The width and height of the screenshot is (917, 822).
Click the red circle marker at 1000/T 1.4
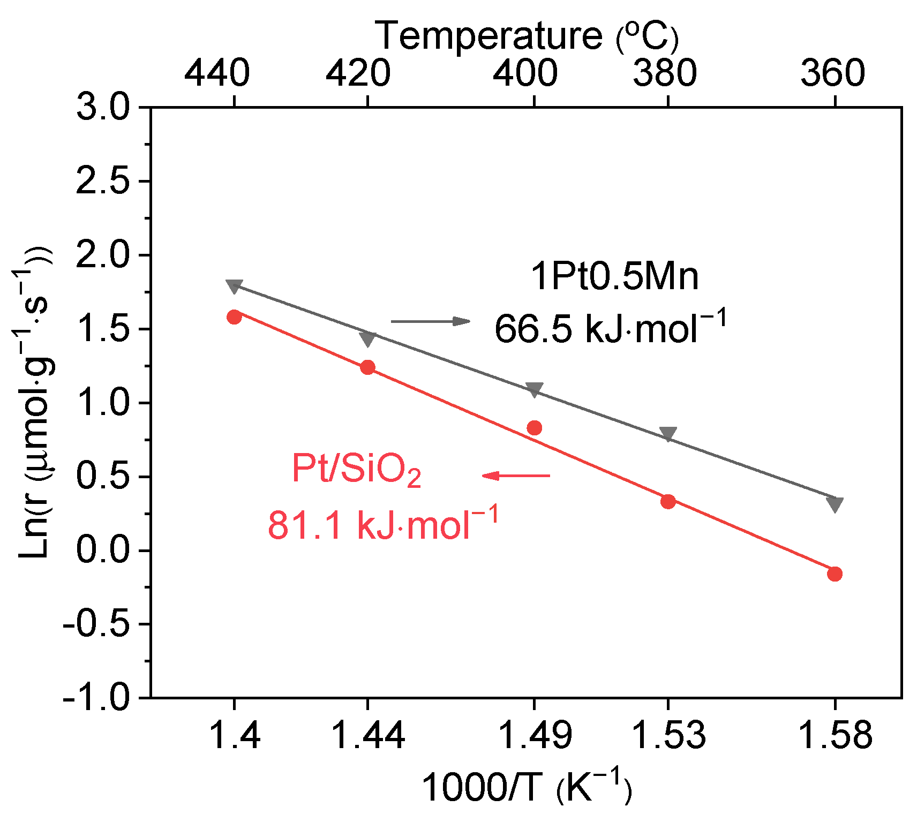tap(234, 317)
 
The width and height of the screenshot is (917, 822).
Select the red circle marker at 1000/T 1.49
tap(534, 428)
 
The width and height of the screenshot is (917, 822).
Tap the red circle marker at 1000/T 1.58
tap(835, 574)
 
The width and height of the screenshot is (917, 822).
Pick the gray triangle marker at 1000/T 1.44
tap(367, 339)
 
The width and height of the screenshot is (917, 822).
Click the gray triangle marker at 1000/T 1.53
tap(668, 434)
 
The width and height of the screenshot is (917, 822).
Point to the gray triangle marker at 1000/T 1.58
tap(835, 504)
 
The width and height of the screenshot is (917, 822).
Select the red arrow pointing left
tap(516, 476)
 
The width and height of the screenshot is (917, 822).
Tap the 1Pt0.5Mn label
tap(614, 277)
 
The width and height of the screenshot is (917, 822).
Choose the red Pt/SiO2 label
tap(356, 470)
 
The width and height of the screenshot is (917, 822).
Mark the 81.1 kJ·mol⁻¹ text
tap(383, 524)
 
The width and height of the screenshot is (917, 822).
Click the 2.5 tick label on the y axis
tap(103, 182)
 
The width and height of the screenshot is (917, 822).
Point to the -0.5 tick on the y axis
tap(96, 625)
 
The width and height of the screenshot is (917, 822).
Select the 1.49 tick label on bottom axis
tap(534, 735)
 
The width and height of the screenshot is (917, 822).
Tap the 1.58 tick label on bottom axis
tap(835, 735)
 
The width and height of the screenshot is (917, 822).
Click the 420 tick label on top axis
tap(358, 73)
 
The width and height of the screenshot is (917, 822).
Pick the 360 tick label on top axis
tap(832, 73)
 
